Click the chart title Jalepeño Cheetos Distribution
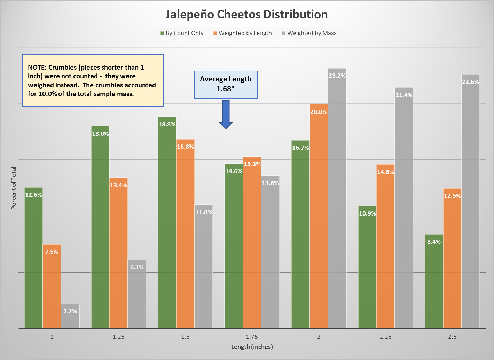point(246,15)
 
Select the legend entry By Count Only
point(182,33)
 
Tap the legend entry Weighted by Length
point(243,33)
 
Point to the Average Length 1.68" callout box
point(226,84)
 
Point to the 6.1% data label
point(137,267)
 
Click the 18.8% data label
point(167,124)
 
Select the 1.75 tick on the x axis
point(252,337)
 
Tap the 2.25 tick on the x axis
point(385,337)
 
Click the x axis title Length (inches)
point(252,347)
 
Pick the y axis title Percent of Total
point(14,188)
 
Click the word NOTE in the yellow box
point(36,67)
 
